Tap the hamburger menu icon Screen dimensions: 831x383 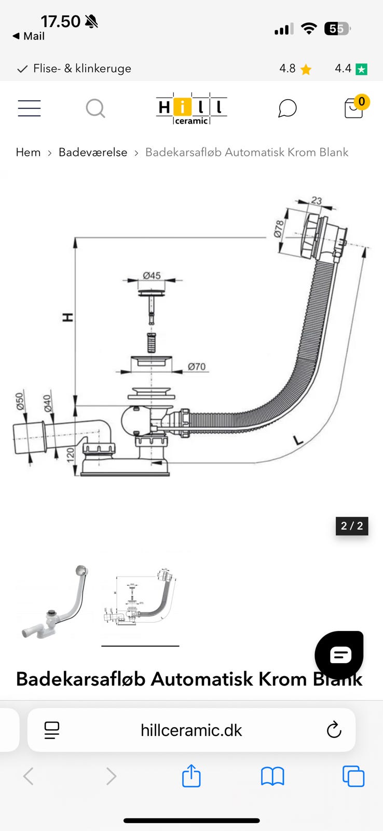tap(29, 108)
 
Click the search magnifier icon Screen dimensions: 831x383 tap(95, 109)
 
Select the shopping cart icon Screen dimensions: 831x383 tap(354, 108)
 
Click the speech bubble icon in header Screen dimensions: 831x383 tap(287, 109)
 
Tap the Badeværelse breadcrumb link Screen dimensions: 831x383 tap(93, 152)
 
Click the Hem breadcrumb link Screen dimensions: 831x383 tap(28, 152)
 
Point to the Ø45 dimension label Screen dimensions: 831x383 tap(152, 275)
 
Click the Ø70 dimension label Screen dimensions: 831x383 tap(197, 367)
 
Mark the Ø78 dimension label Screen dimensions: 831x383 tap(279, 229)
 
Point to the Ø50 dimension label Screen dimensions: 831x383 tap(20, 401)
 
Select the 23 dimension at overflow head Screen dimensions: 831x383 tap(317, 200)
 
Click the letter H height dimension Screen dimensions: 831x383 tap(67, 317)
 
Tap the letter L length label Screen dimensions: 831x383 tap(298, 440)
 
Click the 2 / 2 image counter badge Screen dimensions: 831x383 tap(352, 526)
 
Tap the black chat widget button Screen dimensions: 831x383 tap(340, 655)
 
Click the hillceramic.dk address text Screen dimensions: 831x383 tap(191, 730)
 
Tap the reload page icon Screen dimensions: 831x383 tap(334, 730)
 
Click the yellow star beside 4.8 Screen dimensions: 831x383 tap(306, 69)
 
